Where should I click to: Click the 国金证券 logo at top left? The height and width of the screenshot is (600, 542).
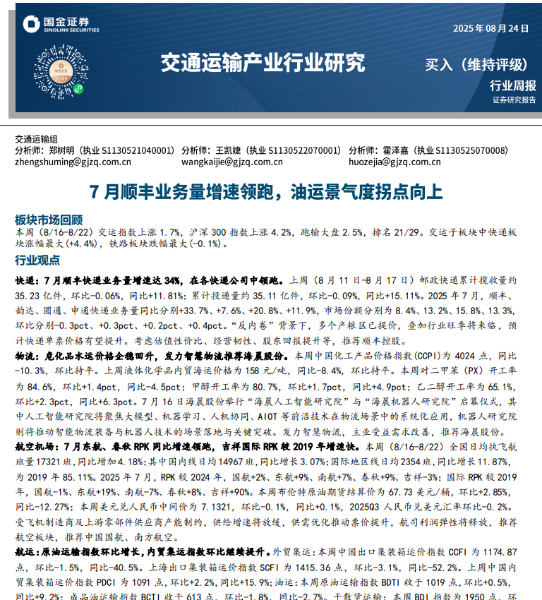click(x=60, y=25)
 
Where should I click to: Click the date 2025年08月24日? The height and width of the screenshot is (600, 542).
click(x=490, y=28)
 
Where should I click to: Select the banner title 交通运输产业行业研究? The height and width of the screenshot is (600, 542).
click(x=263, y=63)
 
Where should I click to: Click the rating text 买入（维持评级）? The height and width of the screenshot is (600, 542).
click(x=476, y=65)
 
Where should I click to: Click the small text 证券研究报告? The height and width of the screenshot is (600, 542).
click(x=514, y=100)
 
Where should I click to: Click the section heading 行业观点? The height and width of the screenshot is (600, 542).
click(x=37, y=260)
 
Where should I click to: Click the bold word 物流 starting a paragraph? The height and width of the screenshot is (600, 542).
click(x=25, y=356)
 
